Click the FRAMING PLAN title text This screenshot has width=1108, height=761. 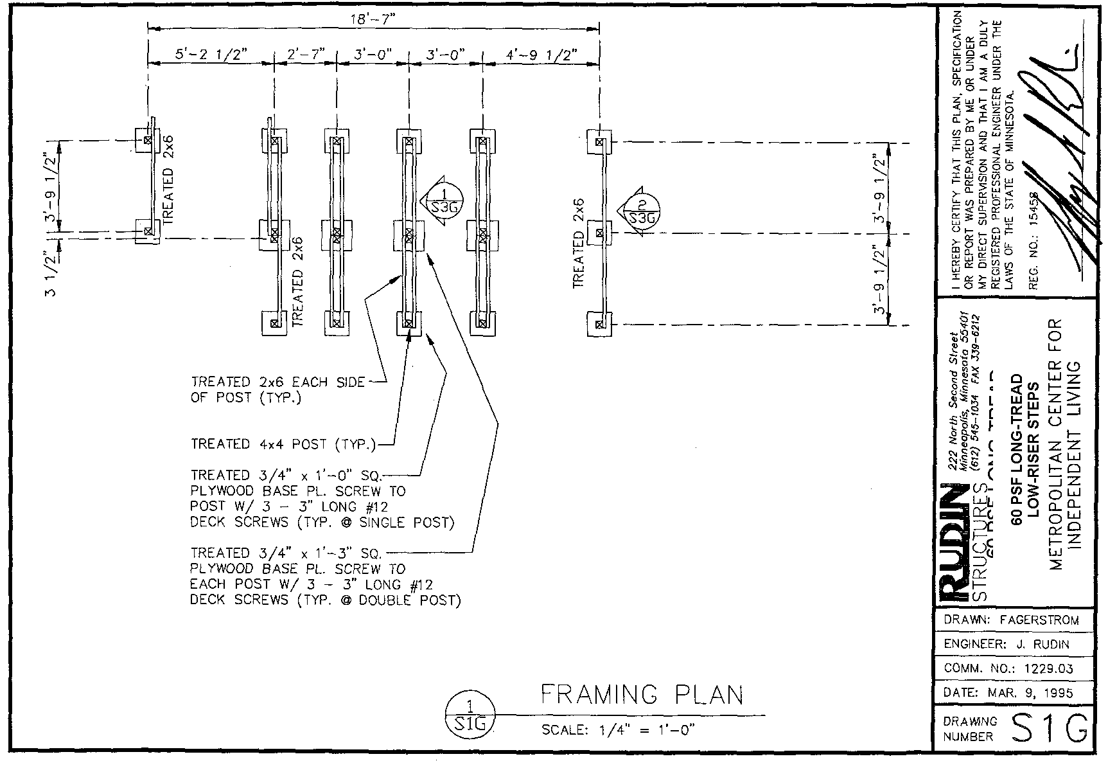(x=642, y=695)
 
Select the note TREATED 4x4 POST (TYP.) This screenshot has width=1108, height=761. (x=283, y=444)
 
